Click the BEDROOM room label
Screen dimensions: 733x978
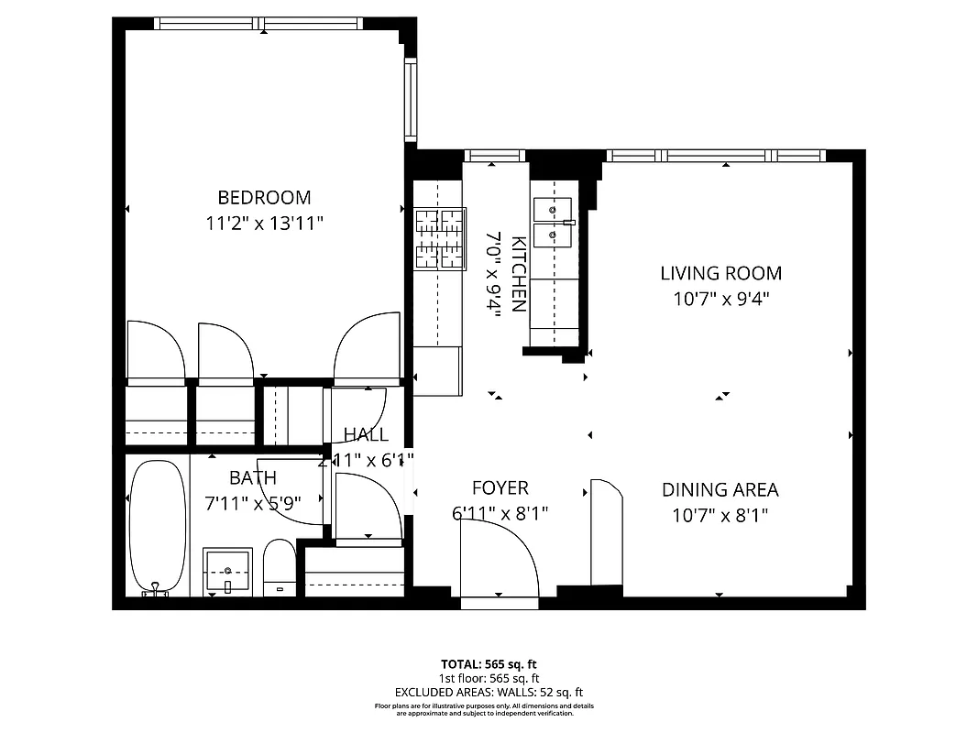(264, 197)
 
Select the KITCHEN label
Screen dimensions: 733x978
(518, 274)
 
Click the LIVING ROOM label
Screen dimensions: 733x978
(721, 273)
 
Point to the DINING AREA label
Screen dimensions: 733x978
(720, 490)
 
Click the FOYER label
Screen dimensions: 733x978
(500, 488)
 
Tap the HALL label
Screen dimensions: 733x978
(366, 434)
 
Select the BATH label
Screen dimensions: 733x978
(252, 477)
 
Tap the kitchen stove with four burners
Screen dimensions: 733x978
(439, 239)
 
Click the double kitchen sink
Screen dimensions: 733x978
(553, 223)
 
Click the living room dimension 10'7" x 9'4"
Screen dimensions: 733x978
(721, 299)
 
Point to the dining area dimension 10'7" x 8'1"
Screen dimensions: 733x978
(720, 515)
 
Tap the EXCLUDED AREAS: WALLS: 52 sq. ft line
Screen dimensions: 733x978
(489, 693)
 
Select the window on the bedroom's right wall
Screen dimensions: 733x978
(411, 100)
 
